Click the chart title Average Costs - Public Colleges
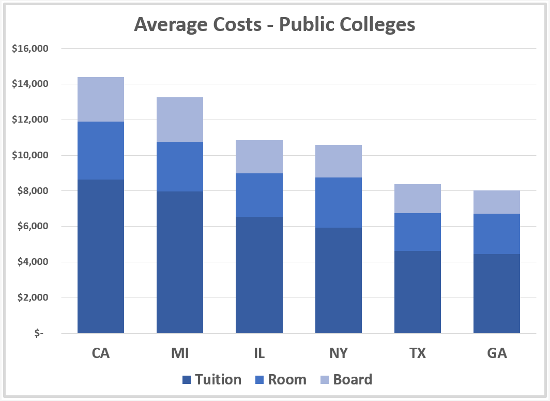pos(274,24)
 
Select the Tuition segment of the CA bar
pos(101,256)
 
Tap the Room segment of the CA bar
pos(101,151)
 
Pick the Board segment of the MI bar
pos(180,120)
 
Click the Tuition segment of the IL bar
pos(259,275)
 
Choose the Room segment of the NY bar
pos(338,202)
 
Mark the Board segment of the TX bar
pos(418,199)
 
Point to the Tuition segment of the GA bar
pos(497,293)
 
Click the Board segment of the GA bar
pos(497,202)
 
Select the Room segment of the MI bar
pos(180,167)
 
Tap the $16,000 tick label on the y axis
pos(29,49)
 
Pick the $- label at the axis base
pos(39,333)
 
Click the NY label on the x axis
pos(338,353)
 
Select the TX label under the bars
pos(418,353)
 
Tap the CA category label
pos(101,353)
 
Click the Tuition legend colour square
pos(187,380)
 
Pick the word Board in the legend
pos(353,380)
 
